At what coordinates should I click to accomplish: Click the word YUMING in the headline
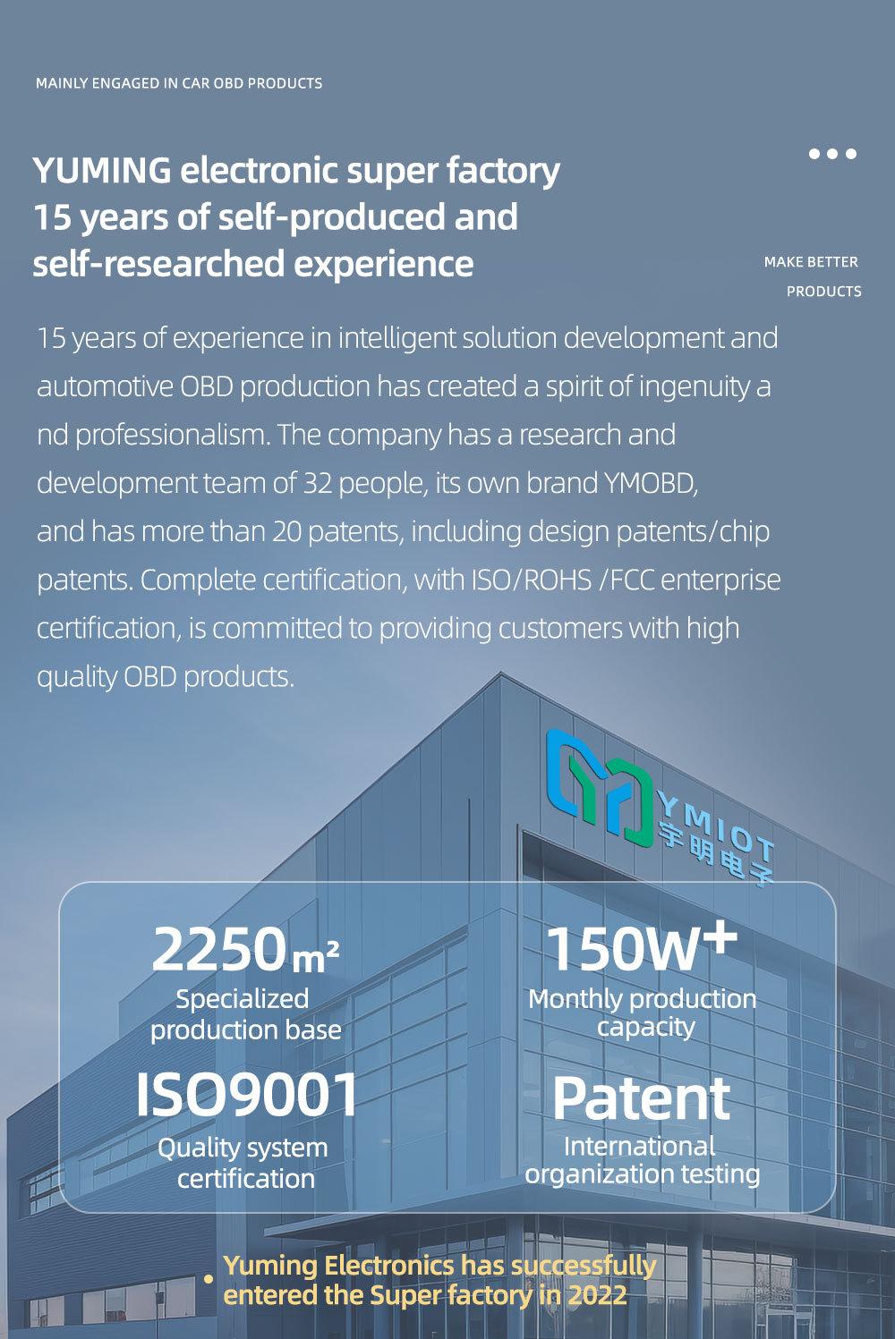click(x=102, y=170)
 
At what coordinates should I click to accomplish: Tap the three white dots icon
click(x=832, y=154)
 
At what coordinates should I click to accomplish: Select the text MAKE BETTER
click(x=811, y=262)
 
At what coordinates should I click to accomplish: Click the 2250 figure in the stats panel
click(x=217, y=949)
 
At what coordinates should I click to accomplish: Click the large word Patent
click(x=642, y=1098)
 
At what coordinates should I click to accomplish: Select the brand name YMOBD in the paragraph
click(x=651, y=483)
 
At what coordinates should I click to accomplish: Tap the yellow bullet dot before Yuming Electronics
click(x=209, y=1280)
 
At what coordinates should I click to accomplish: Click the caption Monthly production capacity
click(x=643, y=1013)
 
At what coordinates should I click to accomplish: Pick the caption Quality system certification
click(x=243, y=1164)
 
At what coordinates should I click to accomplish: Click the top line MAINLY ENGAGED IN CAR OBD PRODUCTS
click(x=179, y=83)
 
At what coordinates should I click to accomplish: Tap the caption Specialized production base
click(x=245, y=1015)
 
